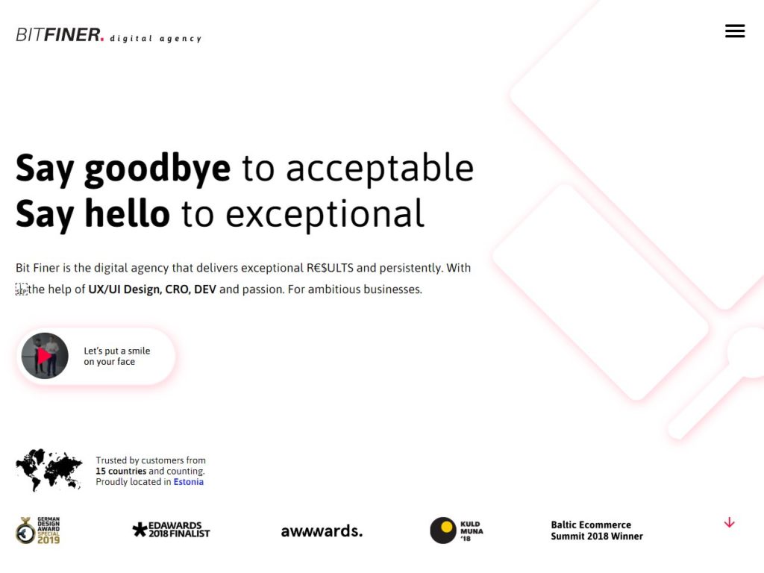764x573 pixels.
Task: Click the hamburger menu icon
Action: point(735,31)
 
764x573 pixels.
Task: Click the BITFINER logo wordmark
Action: point(60,35)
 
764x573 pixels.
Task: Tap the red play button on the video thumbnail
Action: point(44,356)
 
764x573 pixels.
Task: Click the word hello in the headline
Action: point(127,213)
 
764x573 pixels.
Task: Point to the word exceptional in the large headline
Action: point(325,214)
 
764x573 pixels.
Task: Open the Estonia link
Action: point(189,482)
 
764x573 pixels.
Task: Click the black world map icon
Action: point(48,470)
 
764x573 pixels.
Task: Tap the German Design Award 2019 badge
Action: point(38,530)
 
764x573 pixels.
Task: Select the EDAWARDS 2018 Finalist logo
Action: point(171,530)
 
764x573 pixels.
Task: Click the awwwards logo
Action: point(322,530)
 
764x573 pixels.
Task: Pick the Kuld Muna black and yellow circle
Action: point(443,530)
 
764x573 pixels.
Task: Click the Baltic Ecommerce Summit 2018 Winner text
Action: point(597,530)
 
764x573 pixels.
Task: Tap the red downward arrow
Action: point(730,523)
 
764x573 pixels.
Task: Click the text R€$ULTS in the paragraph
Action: point(330,268)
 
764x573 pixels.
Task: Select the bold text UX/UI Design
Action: point(125,289)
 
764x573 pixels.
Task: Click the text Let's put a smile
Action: point(117,351)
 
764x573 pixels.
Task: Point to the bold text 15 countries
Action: point(121,472)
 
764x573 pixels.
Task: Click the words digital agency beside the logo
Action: point(155,39)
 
